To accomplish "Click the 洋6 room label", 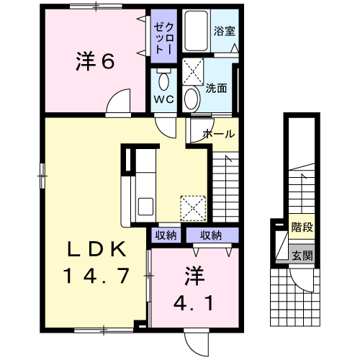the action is click(95, 61).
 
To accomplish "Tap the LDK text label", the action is click(96, 249).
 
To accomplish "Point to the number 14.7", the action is click(96, 276).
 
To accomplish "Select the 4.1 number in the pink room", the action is click(193, 303).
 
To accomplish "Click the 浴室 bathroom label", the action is click(225, 31).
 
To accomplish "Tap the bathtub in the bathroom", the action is click(197, 31).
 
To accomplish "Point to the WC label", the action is click(164, 99).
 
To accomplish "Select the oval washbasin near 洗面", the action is click(192, 99).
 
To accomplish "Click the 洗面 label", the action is click(216, 89).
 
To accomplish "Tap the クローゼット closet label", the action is click(163, 38).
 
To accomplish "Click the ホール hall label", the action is click(219, 134).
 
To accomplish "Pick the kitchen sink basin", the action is click(145, 207).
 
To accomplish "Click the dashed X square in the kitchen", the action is click(193, 208).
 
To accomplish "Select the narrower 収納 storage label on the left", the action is click(166, 235).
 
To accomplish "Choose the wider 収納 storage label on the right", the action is click(211, 235).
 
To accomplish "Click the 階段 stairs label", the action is click(302, 227).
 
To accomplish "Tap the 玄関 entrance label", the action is click(302, 256).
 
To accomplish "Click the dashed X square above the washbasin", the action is click(193, 71).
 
